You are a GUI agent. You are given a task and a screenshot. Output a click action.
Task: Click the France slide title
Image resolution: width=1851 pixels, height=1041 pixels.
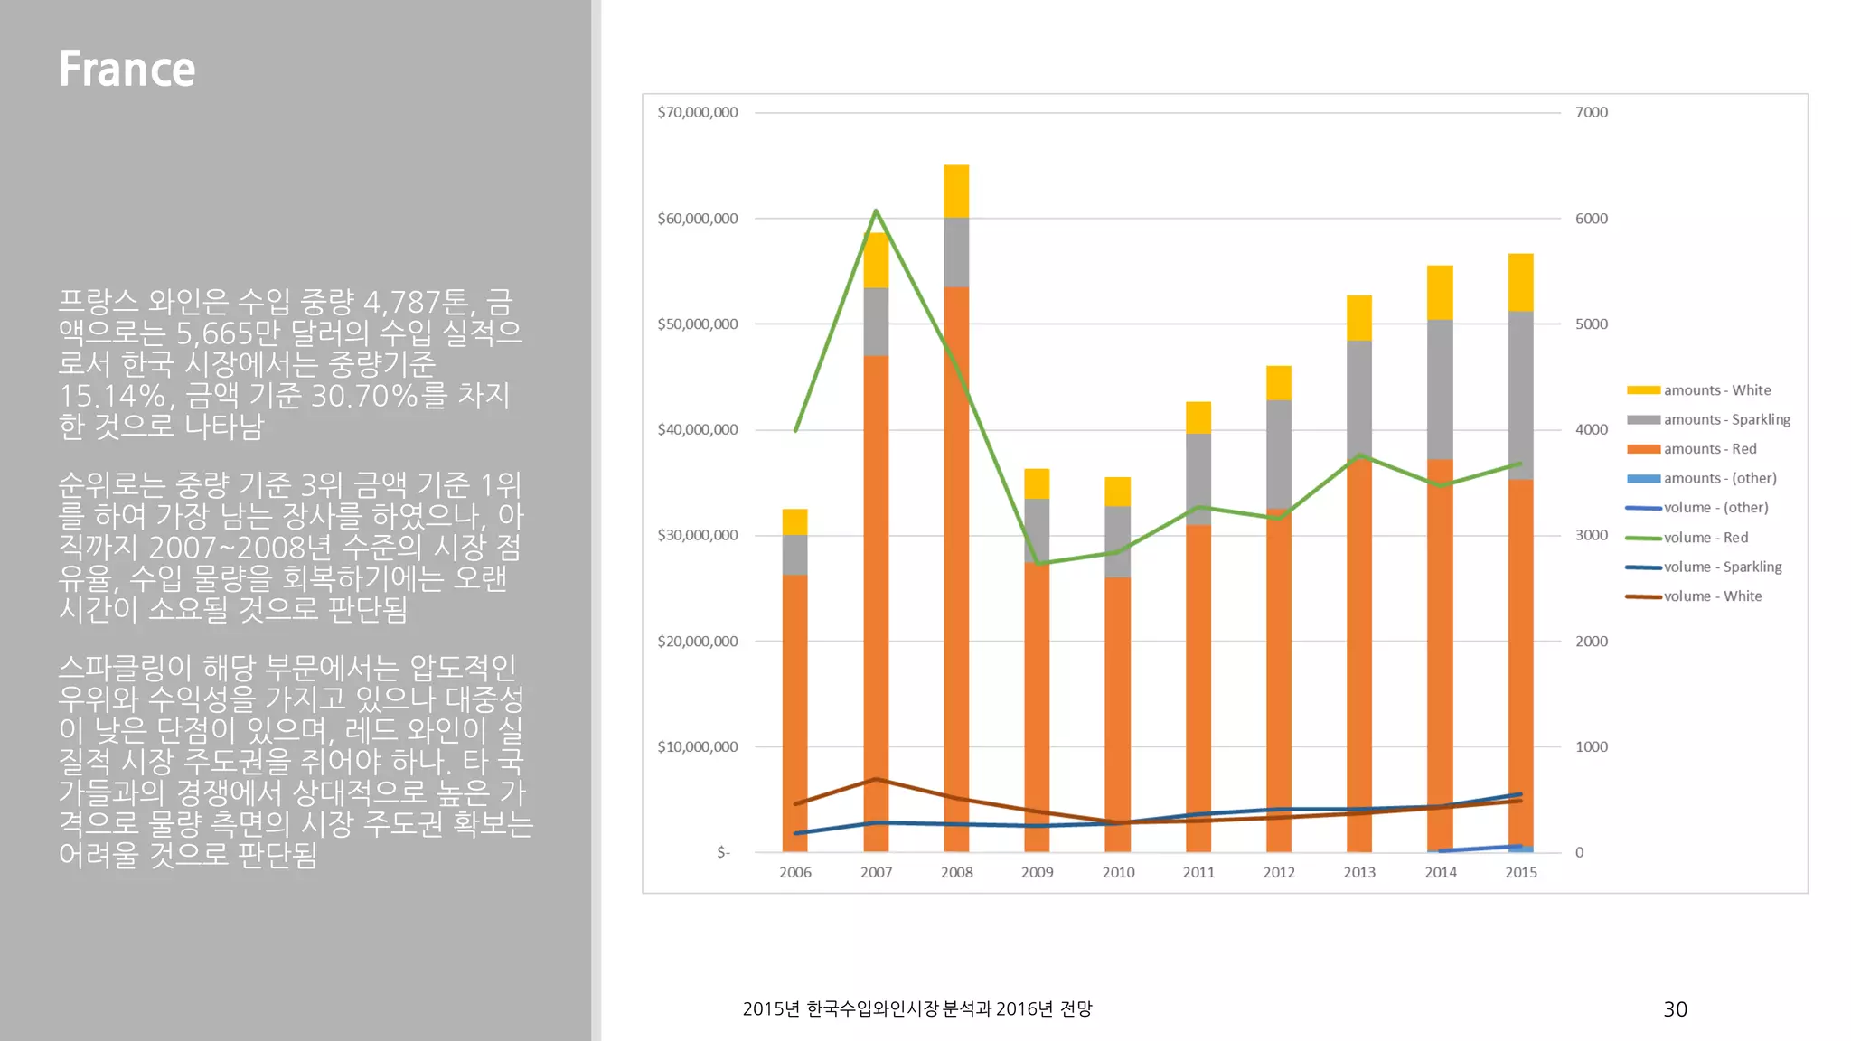tap(127, 70)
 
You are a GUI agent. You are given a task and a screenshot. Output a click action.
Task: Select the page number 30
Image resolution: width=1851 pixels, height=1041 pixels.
tap(1675, 1009)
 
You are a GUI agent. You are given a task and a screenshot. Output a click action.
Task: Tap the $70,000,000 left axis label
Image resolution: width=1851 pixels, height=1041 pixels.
tap(697, 112)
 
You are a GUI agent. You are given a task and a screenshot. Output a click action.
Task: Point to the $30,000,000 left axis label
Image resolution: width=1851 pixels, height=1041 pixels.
tap(697, 535)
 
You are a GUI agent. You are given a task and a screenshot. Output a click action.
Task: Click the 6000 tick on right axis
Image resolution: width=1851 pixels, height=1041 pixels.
tap(1591, 219)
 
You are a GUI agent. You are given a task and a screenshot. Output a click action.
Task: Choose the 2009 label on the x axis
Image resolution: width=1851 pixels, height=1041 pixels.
tap(1037, 872)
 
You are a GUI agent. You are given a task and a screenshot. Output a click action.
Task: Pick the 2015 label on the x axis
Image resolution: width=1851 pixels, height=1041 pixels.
tap(1520, 872)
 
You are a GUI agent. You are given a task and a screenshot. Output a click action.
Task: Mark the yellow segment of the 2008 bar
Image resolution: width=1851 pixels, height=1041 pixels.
tap(956, 191)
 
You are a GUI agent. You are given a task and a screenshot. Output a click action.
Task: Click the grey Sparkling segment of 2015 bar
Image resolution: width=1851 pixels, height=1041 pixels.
tap(1520, 395)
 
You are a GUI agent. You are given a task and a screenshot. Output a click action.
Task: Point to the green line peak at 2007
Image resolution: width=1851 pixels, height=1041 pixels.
tap(876, 211)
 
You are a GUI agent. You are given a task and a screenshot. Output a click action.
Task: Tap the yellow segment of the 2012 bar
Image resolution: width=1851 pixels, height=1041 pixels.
tap(1278, 382)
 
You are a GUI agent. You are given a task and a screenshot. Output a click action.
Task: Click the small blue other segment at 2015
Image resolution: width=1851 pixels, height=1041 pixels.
tap(1520, 849)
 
